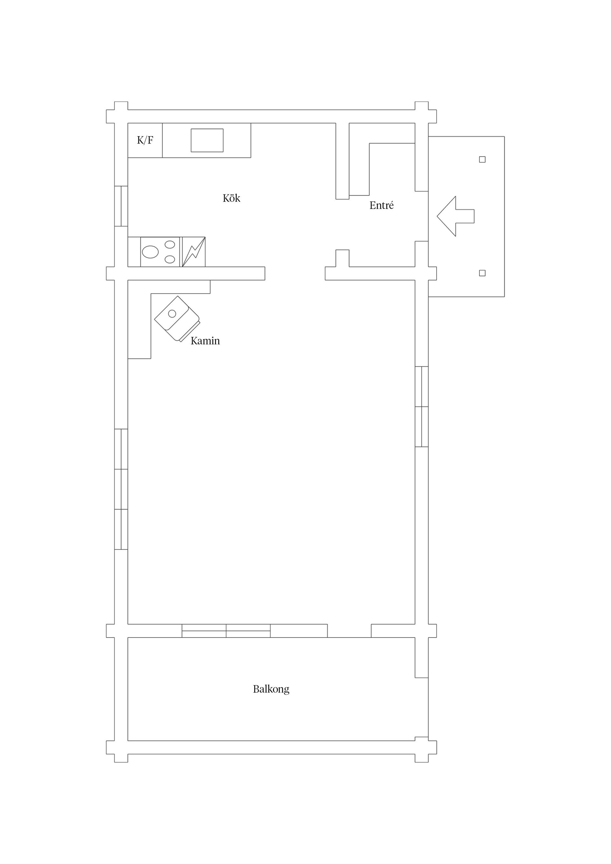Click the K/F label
coord(145,140)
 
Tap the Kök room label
coord(231,198)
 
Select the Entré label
coord(381,205)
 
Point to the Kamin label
coord(205,341)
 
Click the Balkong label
coord(271,689)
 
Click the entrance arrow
coord(455,216)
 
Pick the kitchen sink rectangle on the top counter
coord(207,140)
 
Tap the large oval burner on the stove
coord(150,252)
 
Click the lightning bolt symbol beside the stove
coord(193,252)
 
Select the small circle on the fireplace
coord(172,313)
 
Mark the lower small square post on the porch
coord(482,273)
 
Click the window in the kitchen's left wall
coord(121,206)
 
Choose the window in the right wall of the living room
coord(422,407)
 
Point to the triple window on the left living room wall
coord(121,489)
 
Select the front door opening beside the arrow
coord(422,216)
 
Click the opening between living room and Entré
coord(295,274)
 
